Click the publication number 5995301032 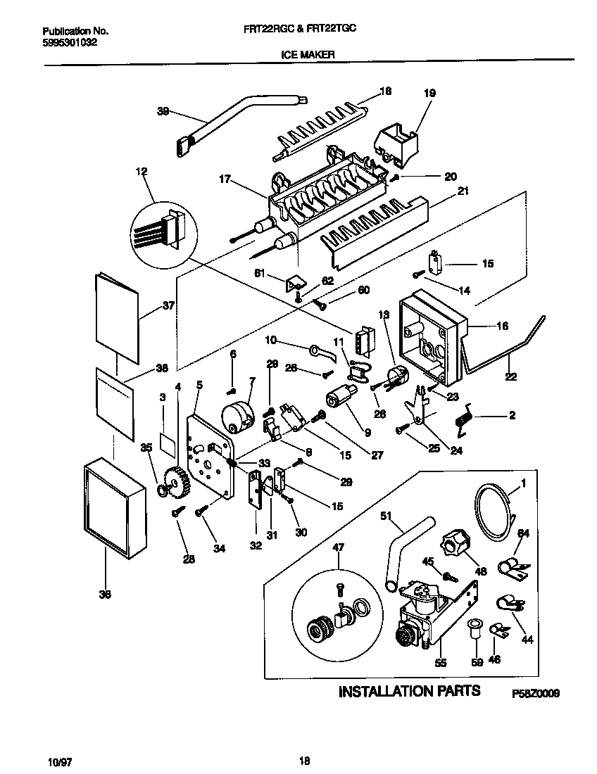(x=70, y=42)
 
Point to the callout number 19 (x=429, y=93)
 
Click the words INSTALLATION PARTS (x=410, y=691)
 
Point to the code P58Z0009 (x=536, y=693)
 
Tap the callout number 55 (x=441, y=663)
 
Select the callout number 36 (x=105, y=594)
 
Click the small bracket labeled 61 (x=294, y=283)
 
